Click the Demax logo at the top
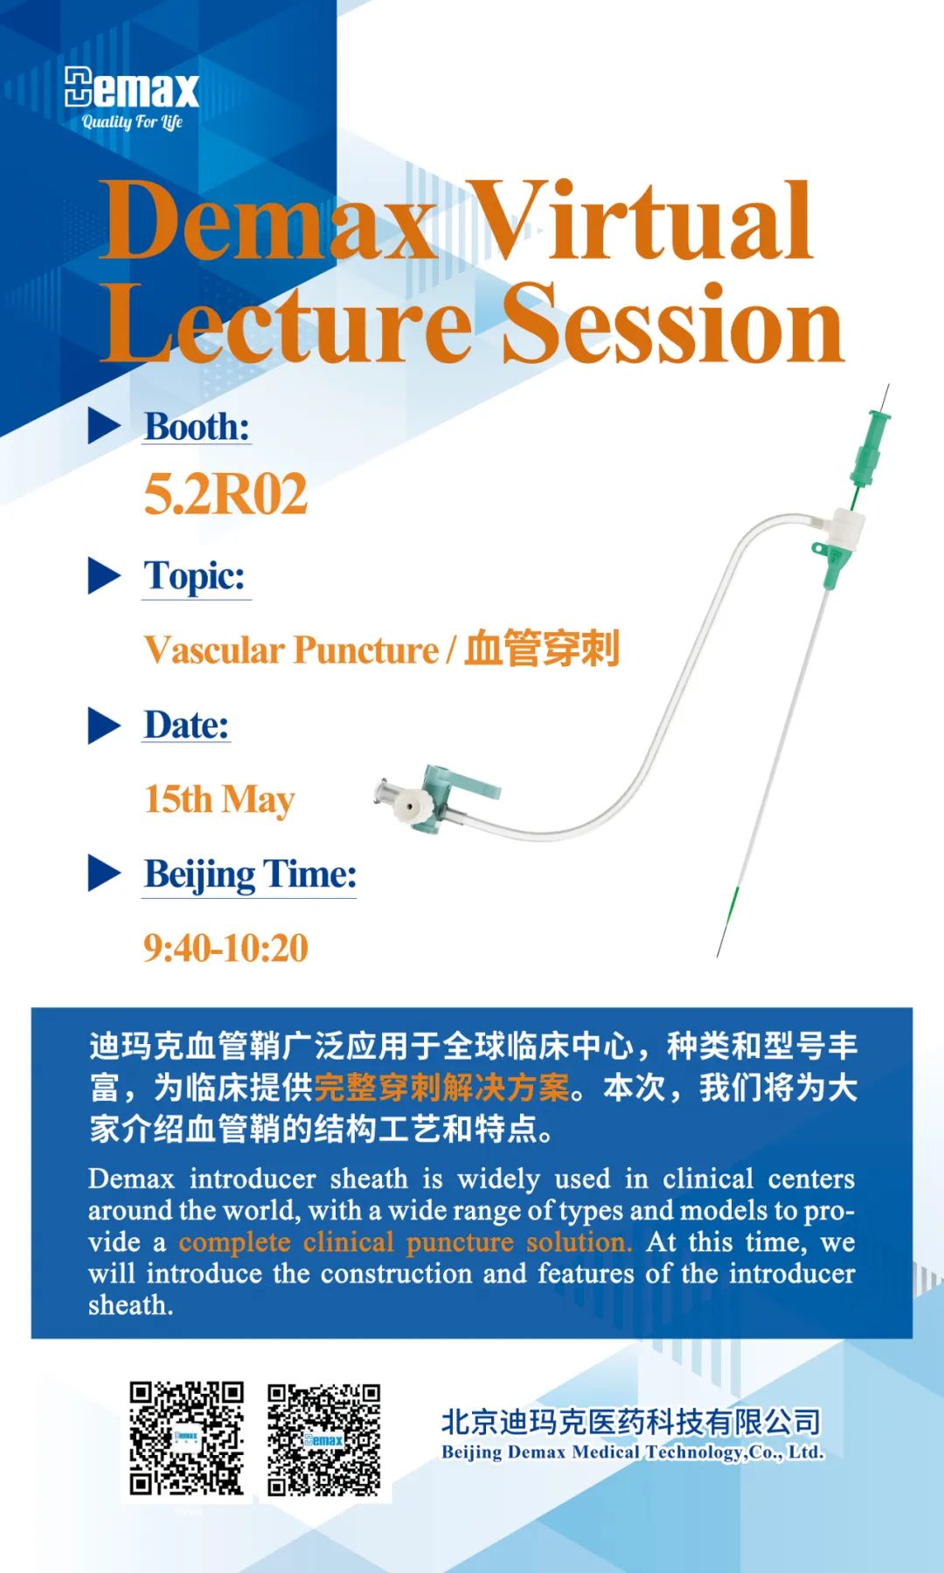pyautogui.click(x=132, y=88)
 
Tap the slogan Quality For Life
pyautogui.click(x=132, y=122)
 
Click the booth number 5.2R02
pyautogui.click(x=226, y=494)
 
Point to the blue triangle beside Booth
pyautogui.click(x=104, y=427)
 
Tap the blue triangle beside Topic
pyautogui.click(x=104, y=576)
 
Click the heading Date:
pyautogui.click(x=186, y=725)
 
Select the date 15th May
pyautogui.click(x=219, y=799)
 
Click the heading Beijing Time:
pyautogui.click(x=250, y=874)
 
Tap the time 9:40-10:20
pyautogui.click(x=226, y=948)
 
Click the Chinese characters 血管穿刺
pyautogui.click(x=541, y=649)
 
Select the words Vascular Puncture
pyautogui.click(x=291, y=651)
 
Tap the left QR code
pyautogui.click(x=186, y=1438)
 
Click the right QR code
pyautogui.click(x=324, y=1439)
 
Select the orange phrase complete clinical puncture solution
pyautogui.click(x=405, y=1242)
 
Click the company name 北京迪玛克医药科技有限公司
pyautogui.click(x=631, y=1423)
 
